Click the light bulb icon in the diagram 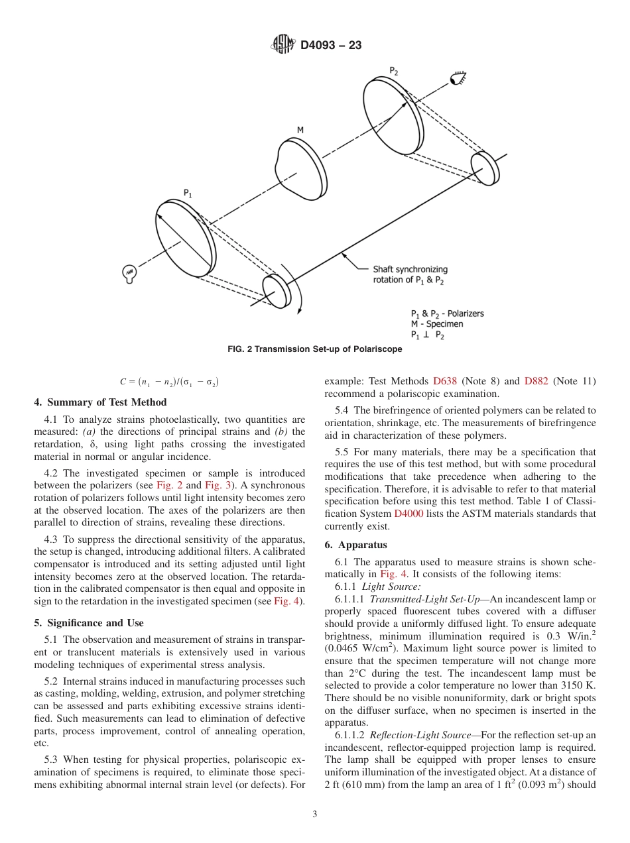[x=130, y=272]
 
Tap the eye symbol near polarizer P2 [x=458, y=79]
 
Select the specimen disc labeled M [x=299, y=166]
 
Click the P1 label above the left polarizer [x=188, y=193]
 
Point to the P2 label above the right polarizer [x=394, y=71]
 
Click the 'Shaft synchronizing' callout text [x=410, y=270]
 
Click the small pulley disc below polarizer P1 [x=277, y=290]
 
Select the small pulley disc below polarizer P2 [x=485, y=168]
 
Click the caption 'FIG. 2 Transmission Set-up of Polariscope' [x=314, y=349]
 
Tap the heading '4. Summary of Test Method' [x=100, y=402]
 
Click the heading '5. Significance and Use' [x=88, y=623]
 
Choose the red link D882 [x=536, y=381]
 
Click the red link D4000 [x=410, y=514]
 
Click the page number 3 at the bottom [x=314, y=815]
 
